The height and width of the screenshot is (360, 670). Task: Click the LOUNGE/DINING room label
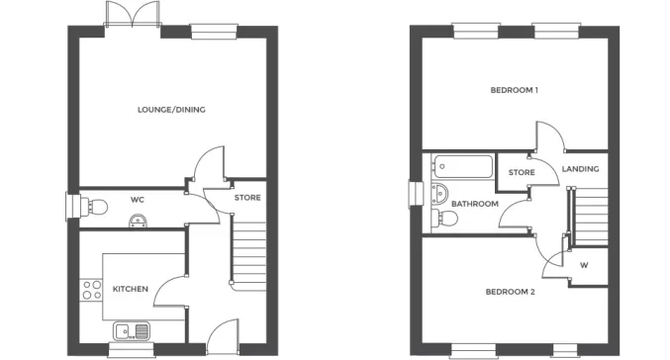click(171, 110)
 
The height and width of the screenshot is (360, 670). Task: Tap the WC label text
click(138, 200)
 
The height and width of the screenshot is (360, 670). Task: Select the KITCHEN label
click(130, 289)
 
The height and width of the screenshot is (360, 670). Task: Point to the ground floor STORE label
click(247, 198)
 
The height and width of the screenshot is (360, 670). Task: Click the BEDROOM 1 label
click(514, 91)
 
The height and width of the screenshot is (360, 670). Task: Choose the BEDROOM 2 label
click(511, 292)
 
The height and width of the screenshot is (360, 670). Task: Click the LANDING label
click(580, 169)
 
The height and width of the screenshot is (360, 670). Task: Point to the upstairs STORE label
click(522, 173)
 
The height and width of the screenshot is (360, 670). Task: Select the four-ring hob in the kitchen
click(91, 290)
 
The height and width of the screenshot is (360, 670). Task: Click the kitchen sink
click(131, 331)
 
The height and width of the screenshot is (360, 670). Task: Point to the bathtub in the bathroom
click(462, 167)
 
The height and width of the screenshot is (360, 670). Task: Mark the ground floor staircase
click(248, 251)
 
